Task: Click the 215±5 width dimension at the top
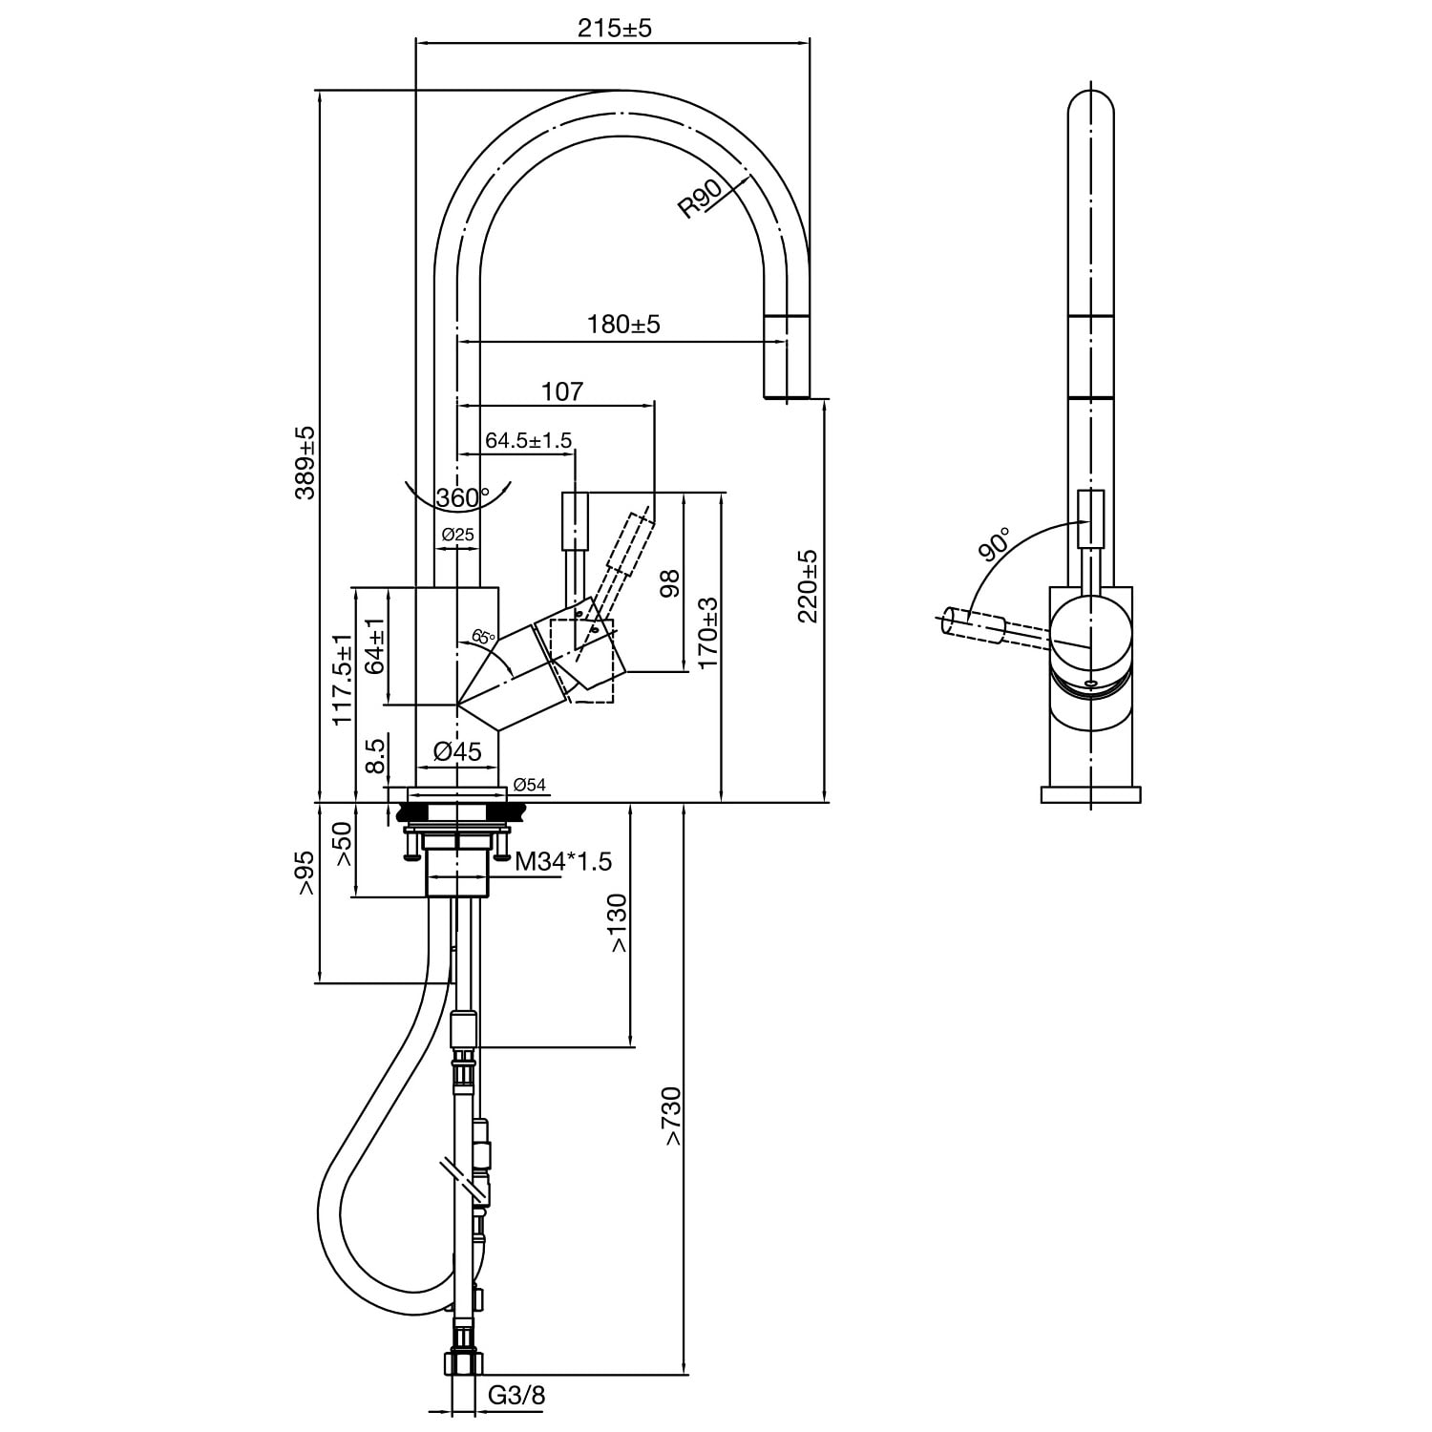pyautogui.click(x=614, y=28)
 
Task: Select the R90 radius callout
pyautogui.click(x=702, y=200)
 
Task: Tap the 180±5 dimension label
pyautogui.click(x=623, y=325)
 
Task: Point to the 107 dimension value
pyautogui.click(x=561, y=391)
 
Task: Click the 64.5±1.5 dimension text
pyautogui.click(x=528, y=440)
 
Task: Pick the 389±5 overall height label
pyautogui.click(x=305, y=463)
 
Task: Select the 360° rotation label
pyautogui.click(x=461, y=498)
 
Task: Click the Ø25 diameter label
pyautogui.click(x=458, y=535)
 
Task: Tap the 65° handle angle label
pyautogui.click(x=484, y=637)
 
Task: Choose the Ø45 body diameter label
pyautogui.click(x=457, y=752)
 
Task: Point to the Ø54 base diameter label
pyautogui.click(x=529, y=785)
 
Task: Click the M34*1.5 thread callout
pyautogui.click(x=563, y=862)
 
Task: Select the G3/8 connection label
pyautogui.click(x=516, y=1396)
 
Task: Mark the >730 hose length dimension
pyautogui.click(x=673, y=1117)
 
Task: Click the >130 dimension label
pyautogui.click(x=618, y=923)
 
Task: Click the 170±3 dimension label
pyautogui.click(x=707, y=633)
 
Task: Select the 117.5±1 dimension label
pyautogui.click(x=342, y=680)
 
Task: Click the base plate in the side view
pyautogui.click(x=1090, y=794)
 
